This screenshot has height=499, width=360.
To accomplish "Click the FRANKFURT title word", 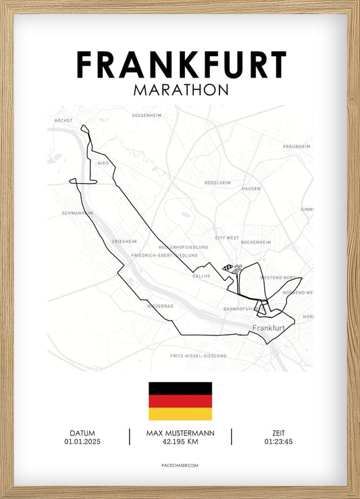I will point(180,65).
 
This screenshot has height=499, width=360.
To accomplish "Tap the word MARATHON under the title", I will point(180,90).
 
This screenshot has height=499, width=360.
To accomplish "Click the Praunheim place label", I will point(297,146).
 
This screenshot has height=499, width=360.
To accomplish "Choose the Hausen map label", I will point(251,188).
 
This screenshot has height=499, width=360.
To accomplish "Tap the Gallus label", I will point(201,275).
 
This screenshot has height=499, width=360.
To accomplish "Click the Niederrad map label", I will point(160,305).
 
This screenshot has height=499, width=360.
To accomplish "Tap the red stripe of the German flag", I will point(180,401).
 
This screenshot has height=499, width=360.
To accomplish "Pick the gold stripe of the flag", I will point(180,414).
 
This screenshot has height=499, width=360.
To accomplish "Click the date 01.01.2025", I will point(82,442).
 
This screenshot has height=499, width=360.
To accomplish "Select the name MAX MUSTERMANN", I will point(180,433).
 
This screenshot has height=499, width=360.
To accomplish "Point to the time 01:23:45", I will point(278,442).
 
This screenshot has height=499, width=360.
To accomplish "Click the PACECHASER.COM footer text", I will point(180,466).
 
